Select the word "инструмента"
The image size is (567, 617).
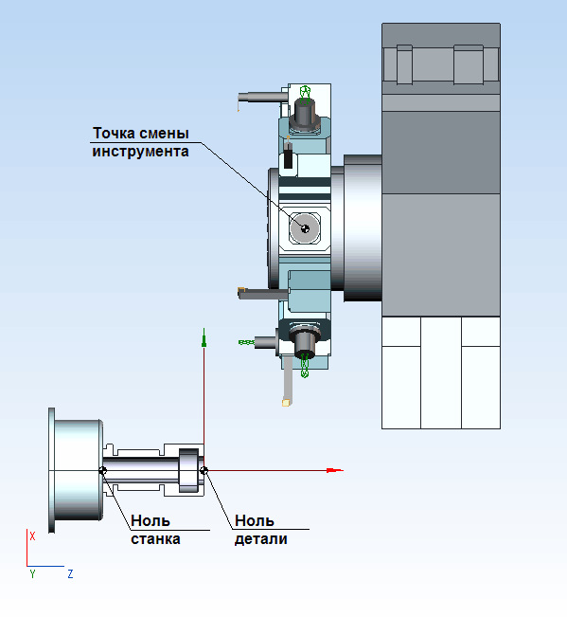click(140, 152)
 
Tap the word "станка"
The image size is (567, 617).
click(155, 538)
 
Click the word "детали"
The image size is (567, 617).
click(261, 539)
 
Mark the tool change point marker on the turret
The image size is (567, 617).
click(305, 228)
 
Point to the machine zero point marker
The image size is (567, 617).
click(102, 470)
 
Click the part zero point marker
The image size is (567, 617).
click(204, 470)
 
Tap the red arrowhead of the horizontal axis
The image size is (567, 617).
click(335, 470)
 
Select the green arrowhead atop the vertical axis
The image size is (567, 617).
click(204, 337)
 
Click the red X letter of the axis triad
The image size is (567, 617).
click(32, 535)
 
